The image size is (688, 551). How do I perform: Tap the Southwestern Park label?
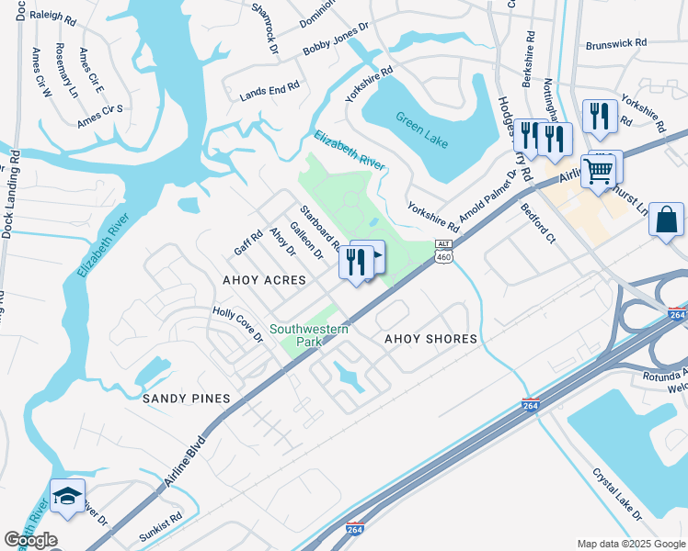[x=309, y=335]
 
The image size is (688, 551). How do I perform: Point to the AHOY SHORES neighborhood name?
[x=430, y=339]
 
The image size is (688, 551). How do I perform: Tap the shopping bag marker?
[x=666, y=221]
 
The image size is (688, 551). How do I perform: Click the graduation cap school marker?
[x=67, y=497]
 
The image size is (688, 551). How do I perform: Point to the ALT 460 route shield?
[x=444, y=251]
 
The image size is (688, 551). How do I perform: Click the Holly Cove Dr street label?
[x=238, y=324]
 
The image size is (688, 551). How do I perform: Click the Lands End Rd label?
[x=269, y=89]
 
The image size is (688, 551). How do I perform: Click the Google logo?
[x=30, y=540]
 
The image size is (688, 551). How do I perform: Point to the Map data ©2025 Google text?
[x=629, y=544]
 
